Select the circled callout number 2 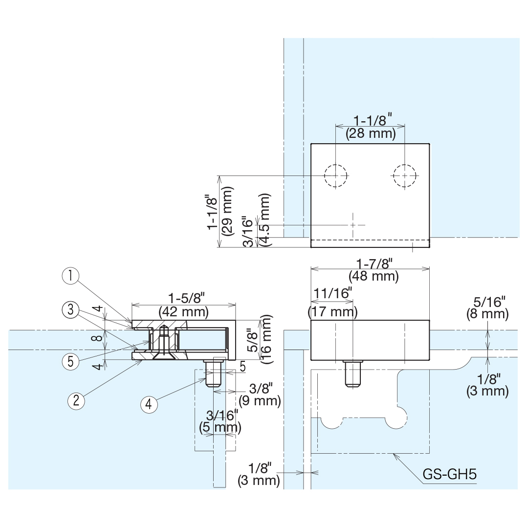point(76,401)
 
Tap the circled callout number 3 point(71,309)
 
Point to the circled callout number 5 point(71,362)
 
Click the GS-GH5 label point(449,474)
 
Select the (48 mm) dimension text point(374,276)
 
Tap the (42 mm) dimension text point(183,311)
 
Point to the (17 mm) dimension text point(332,311)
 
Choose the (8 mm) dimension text point(487,314)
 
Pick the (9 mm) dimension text point(260,401)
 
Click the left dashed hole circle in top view point(335,176)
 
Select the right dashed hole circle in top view point(405,176)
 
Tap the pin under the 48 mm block point(352,374)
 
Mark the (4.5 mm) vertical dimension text point(264,220)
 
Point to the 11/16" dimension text point(332,293)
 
